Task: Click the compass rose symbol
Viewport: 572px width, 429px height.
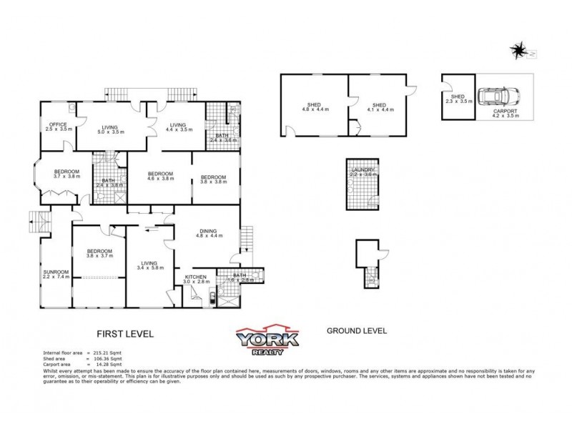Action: [518, 50]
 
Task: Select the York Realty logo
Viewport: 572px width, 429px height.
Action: [264, 340]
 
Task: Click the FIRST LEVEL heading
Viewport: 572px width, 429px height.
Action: [125, 333]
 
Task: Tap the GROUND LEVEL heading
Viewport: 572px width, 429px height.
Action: [356, 330]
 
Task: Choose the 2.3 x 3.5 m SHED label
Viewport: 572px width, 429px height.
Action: [459, 99]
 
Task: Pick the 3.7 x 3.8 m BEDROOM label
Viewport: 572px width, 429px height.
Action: [68, 174]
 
